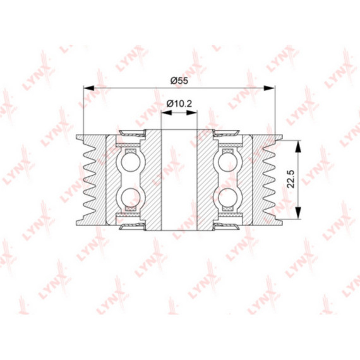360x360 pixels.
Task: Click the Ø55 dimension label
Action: [x=179, y=81]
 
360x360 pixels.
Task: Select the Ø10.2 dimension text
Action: [x=179, y=104]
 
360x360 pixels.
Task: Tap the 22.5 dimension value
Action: [x=291, y=179]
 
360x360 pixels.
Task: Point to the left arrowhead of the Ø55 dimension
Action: [x=89, y=88]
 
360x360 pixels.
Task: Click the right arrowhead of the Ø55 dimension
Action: [x=269, y=88]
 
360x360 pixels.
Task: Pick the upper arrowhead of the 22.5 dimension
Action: [x=297, y=147]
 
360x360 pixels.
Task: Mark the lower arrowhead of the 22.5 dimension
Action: [x=297, y=213]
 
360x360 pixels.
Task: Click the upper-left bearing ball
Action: [x=130, y=162]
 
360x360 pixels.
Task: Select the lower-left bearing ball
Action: [x=130, y=198]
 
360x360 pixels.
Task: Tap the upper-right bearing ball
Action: [x=228, y=162]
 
